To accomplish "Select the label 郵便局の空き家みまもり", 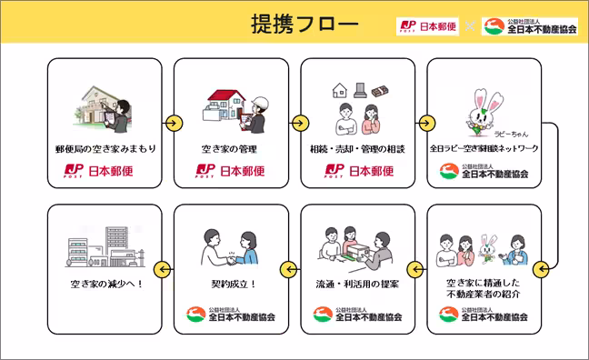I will tap(105, 147).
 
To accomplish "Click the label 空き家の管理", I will tap(231, 147).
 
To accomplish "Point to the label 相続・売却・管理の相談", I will tap(357, 147).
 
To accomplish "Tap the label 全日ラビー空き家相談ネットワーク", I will tap(484, 147).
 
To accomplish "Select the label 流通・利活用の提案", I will tap(357, 284).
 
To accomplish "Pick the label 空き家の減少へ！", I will tap(105, 284).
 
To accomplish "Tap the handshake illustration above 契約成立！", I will tap(231, 246).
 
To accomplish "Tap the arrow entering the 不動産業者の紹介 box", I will tap(538, 267).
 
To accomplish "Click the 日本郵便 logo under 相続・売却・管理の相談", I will tap(357, 170).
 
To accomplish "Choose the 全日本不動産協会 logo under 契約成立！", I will tap(231, 316).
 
